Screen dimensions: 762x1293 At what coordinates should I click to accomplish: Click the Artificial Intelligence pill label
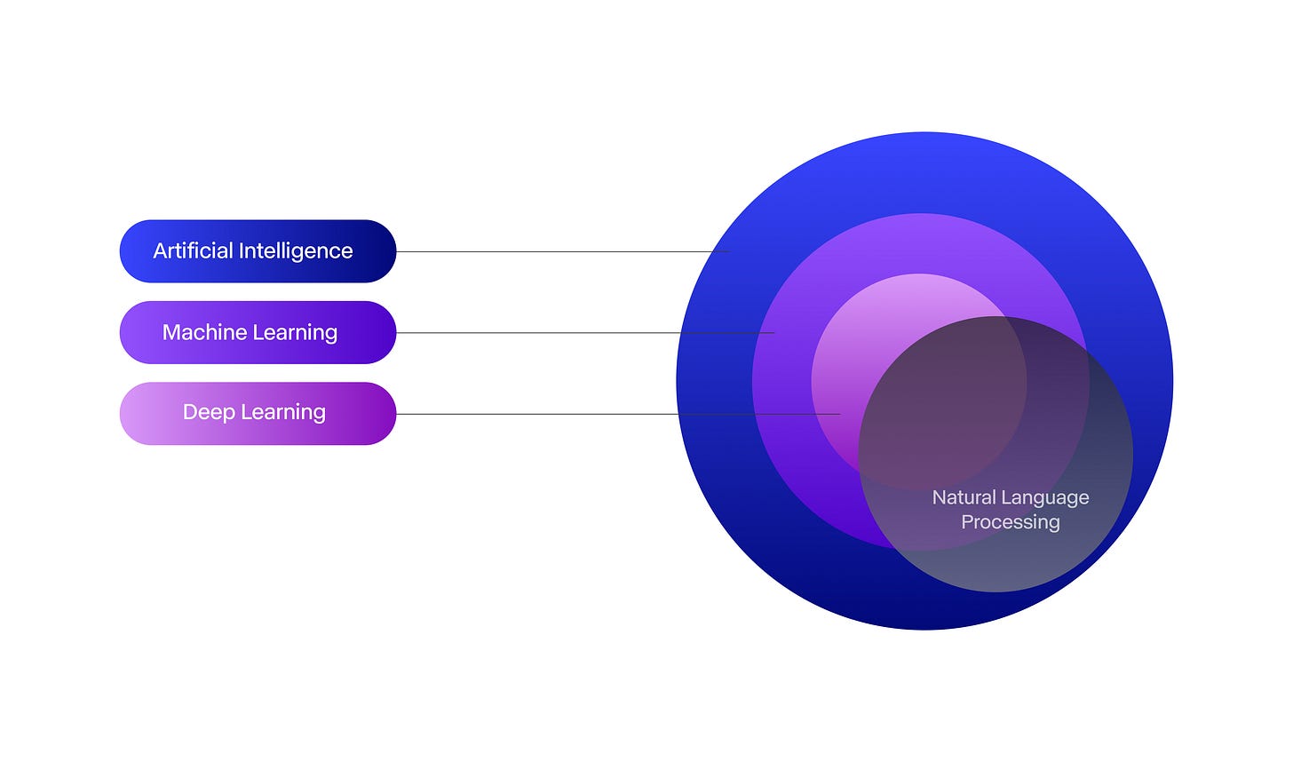click(258, 251)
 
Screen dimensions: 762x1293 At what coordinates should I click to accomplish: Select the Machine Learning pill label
click(258, 332)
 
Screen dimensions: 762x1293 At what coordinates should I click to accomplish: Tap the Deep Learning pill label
click(258, 413)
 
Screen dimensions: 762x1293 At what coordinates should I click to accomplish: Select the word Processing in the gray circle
click(1011, 522)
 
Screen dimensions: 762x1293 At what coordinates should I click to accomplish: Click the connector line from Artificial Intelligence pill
click(559, 251)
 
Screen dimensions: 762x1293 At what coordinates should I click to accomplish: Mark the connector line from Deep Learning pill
click(613, 414)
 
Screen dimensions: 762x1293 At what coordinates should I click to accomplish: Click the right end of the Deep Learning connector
click(838, 414)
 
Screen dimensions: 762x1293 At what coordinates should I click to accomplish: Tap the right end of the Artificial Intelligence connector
click(728, 251)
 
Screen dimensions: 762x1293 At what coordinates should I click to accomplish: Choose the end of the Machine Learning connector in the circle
click(773, 333)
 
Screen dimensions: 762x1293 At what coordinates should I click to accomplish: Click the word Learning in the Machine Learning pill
click(295, 332)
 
